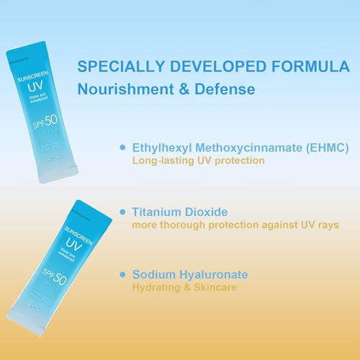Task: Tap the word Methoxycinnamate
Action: tap(243, 148)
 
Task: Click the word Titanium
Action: tap(158, 212)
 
